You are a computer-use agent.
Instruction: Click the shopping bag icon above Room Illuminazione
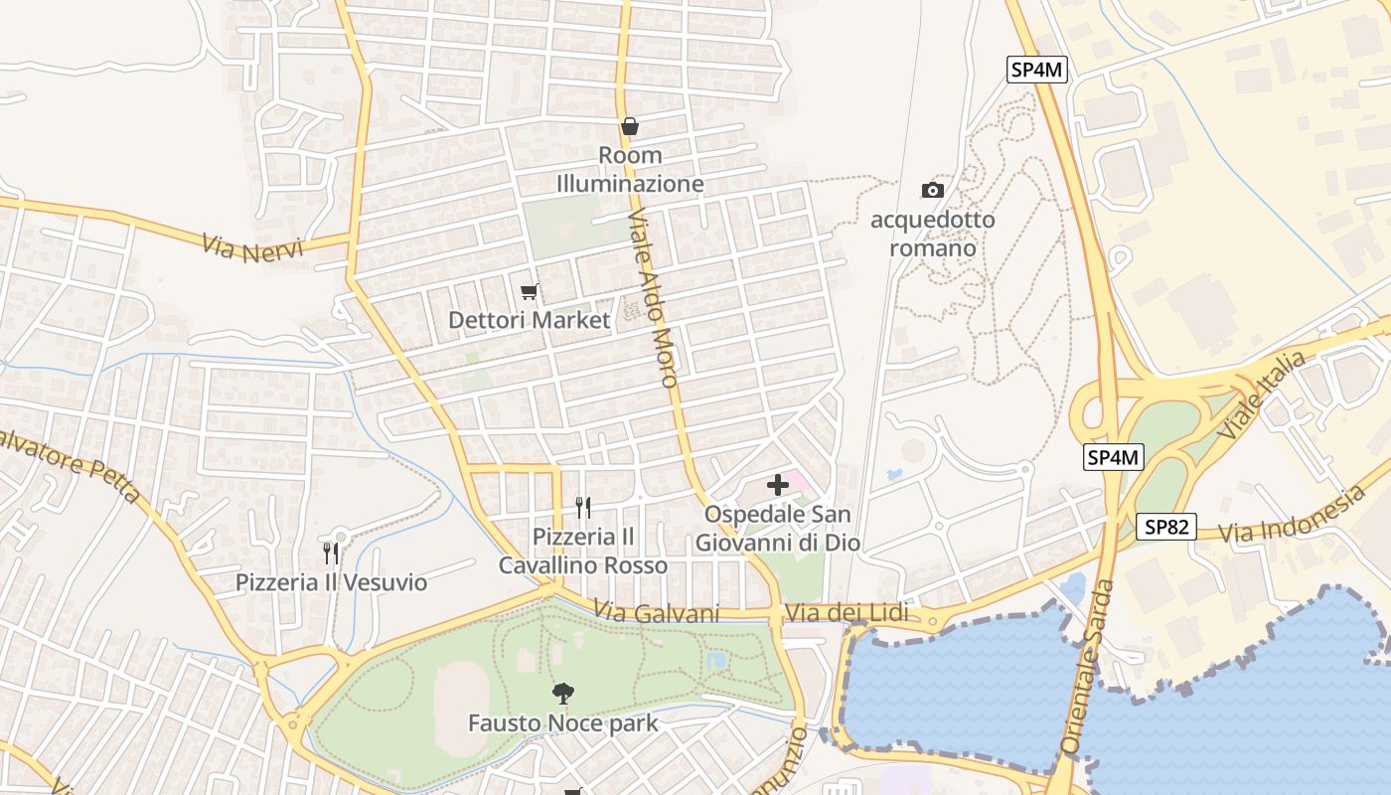pos(629,126)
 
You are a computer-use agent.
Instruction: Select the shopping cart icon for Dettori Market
pos(530,291)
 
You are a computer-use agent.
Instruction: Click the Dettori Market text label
pos(529,320)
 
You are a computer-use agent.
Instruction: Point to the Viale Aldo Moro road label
pos(653,298)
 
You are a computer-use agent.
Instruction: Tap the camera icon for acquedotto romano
pos(932,190)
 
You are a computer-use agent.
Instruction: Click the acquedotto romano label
pos(932,234)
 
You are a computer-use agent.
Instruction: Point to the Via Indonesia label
pos(1291,517)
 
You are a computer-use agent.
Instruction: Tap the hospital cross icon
pos(778,485)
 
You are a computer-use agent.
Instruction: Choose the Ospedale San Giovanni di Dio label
pos(777,529)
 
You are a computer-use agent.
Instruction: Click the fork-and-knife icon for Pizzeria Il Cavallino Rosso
pos(583,508)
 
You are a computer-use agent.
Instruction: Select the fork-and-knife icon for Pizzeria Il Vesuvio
pos(331,553)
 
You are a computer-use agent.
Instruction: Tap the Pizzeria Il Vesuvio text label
pos(331,582)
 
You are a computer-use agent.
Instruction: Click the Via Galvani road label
pos(656,612)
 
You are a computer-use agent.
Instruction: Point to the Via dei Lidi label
pos(847,613)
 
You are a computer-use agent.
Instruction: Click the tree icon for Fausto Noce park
pos(563,693)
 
